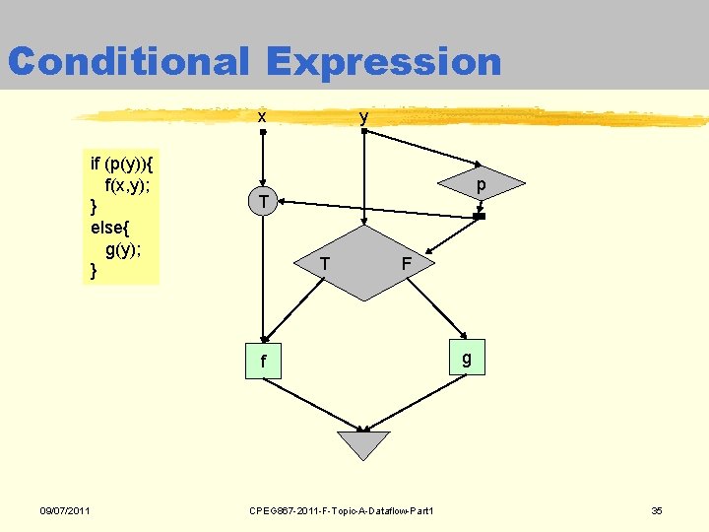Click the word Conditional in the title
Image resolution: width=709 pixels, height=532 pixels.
click(128, 61)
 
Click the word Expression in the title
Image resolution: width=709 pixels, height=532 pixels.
click(384, 61)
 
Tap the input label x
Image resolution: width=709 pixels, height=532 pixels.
click(261, 117)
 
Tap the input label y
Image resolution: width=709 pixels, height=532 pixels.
click(364, 116)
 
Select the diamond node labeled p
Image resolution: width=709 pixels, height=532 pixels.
click(480, 185)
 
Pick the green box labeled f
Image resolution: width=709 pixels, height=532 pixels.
click(263, 362)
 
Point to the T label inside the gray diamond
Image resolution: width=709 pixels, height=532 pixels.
click(324, 263)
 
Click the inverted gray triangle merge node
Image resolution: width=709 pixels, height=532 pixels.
click(363, 444)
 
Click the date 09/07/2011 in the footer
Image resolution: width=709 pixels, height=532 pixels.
click(65, 509)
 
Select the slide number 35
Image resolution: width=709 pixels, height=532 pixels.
click(657, 509)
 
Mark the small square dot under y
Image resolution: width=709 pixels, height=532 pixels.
click(364, 131)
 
